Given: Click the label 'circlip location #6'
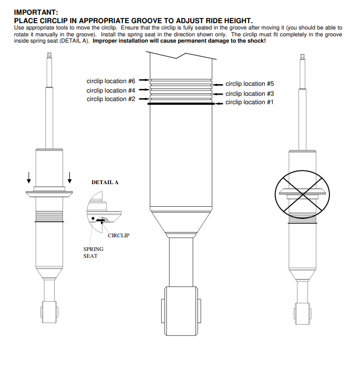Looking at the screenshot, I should [x=111, y=81].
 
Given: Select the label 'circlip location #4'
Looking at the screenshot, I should [x=111, y=91].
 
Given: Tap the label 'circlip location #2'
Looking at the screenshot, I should [x=111, y=99].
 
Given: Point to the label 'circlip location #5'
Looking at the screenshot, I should [x=250, y=84].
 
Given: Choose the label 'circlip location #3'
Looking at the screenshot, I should [x=250, y=94].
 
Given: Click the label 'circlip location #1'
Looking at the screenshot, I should [x=250, y=102].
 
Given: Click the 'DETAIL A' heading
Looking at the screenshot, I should [x=105, y=183].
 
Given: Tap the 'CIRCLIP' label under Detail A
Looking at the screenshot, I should [x=118, y=235].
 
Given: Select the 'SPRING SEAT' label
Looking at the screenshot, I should [x=93, y=253].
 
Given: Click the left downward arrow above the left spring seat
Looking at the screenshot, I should [x=29, y=178].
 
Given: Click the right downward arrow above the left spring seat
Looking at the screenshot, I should [x=69, y=178].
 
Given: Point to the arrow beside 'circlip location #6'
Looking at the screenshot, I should [x=143, y=82].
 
